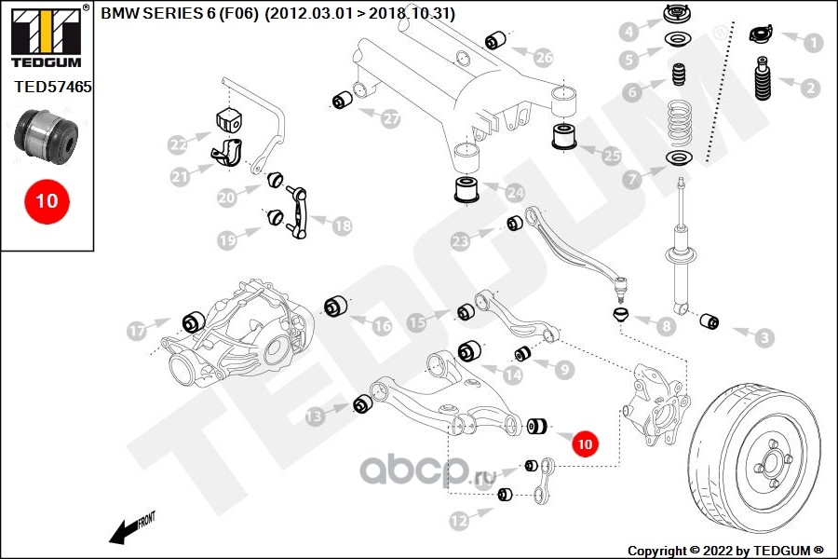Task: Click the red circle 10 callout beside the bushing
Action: [x=585, y=445]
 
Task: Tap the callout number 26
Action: [x=544, y=58]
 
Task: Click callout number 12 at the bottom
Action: [x=457, y=522]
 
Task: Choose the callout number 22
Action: [x=178, y=145]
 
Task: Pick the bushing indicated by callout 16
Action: [x=336, y=306]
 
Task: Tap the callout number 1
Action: [x=812, y=41]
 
